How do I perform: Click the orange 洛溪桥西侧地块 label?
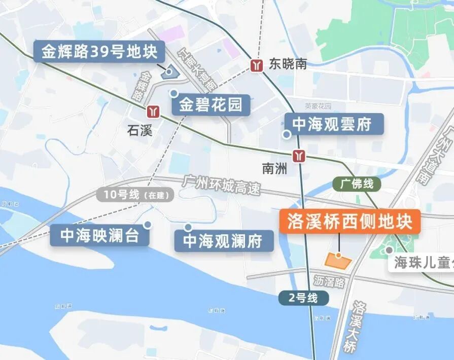click(x=350, y=222)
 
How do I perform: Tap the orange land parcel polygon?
click(x=338, y=261)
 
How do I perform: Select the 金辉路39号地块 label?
click(x=99, y=52)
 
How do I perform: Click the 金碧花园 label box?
click(x=211, y=105)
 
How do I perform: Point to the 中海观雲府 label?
click(x=332, y=124)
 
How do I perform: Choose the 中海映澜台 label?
click(x=99, y=236)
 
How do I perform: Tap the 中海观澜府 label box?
click(x=223, y=241)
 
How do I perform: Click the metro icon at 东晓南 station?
click(x=257, y=64)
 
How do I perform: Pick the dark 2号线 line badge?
click(x=303, y=298)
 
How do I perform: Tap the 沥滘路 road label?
click(x=329, y=281)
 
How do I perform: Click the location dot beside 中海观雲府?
click(x=287, y=134)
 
